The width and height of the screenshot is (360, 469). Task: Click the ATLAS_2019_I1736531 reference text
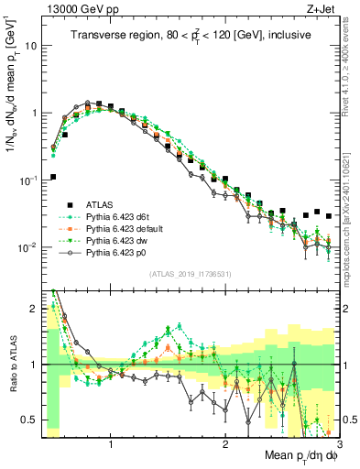[191, 274]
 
